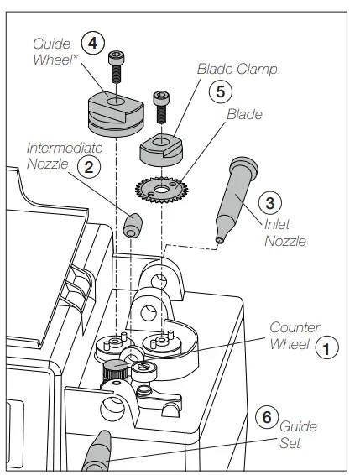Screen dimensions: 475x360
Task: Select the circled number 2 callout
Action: click(85, 166)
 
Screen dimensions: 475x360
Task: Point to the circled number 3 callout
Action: click(266, 201)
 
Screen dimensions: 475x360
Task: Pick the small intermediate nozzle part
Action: click(132, 225)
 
